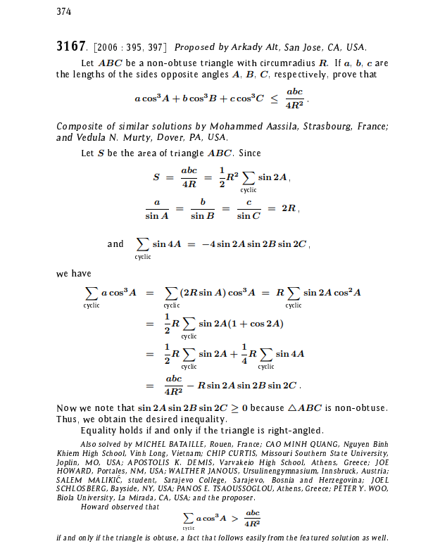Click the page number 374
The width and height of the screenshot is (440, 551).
coord(63,11)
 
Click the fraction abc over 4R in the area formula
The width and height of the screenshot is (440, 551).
coord(189,177)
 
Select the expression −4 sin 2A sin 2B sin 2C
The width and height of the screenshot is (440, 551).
coord(255,244)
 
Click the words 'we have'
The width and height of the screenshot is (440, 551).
coord(73,274)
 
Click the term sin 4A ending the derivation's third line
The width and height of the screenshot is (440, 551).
coord(290,354)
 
